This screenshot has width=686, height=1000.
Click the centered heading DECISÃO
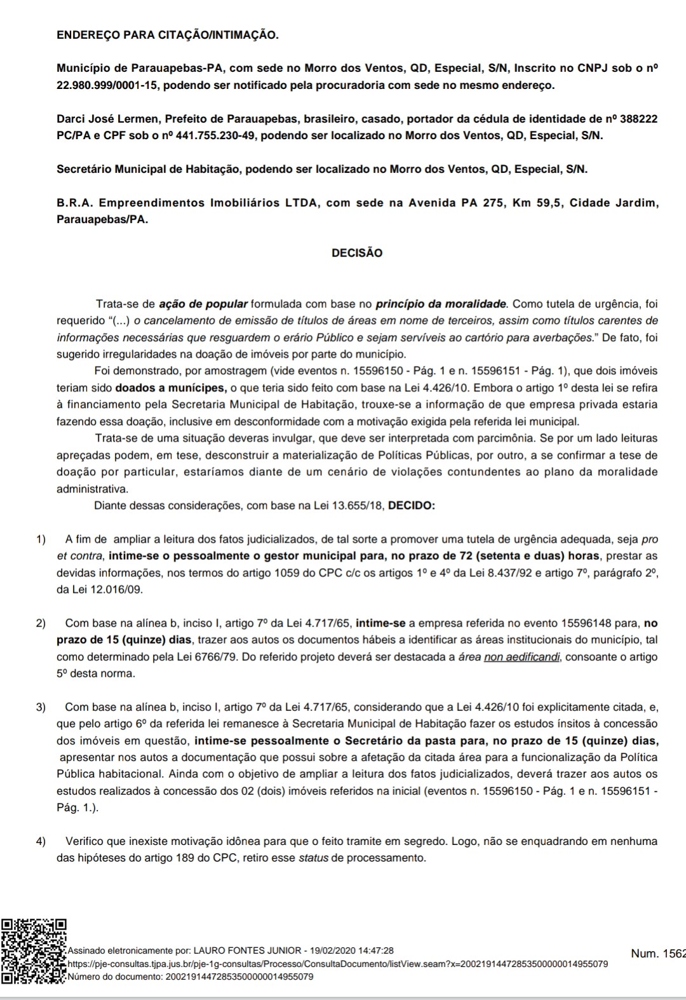[x=357, y=253]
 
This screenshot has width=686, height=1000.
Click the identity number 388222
[x=639, y=119]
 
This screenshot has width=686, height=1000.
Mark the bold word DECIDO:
[x=411, y=506]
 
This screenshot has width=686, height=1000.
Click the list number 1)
[x=41, y=539]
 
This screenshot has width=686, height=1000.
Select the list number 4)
[x=41, y=841]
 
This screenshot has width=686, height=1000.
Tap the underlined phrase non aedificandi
[x=521, y=656]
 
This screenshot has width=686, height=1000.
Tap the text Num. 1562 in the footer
[x=658, y=953]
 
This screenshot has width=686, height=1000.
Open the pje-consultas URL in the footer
[x=337, y=964]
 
